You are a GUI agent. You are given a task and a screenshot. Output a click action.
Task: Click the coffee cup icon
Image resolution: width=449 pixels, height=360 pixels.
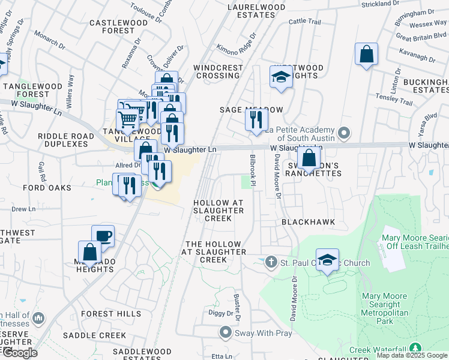(x=103, y=236)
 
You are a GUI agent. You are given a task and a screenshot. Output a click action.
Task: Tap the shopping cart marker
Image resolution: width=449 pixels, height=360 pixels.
(x=128, y=121)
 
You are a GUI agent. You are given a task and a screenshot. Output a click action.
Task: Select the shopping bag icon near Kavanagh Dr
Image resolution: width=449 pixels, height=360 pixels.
(x=366, y=54)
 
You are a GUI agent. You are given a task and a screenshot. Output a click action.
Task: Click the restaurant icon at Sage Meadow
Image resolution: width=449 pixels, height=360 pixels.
(x=256, y=119)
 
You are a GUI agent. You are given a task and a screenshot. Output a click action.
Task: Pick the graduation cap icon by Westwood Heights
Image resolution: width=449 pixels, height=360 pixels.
(x=280, y=77)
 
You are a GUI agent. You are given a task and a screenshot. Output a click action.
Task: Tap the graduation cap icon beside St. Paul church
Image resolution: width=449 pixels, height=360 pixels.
(x=327, y=260)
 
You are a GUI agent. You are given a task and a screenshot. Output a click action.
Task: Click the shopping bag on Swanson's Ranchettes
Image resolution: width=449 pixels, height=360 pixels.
(x=309, y=158)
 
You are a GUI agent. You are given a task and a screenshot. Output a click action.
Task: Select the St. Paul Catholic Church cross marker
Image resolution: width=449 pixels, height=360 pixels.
(x=271, y=262)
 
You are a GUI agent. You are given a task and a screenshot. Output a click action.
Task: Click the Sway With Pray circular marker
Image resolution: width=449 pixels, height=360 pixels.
(x=225, y=331)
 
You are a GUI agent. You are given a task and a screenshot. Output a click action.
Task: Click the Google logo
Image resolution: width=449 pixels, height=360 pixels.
(x=20, y=353)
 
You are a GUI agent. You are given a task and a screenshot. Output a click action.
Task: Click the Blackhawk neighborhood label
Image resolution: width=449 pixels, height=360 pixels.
(x=308, y=222)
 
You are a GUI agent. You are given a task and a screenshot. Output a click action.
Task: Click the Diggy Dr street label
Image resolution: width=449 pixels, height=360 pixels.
(x=220, y=313)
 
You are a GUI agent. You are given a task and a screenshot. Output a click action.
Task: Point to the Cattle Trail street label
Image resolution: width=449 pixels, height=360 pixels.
(x=304, y=22)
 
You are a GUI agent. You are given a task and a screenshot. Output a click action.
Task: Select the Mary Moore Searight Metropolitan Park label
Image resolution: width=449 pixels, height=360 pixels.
(x=384, y=308)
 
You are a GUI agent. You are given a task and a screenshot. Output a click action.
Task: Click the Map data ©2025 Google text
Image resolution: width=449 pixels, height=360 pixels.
(x=412, y=355)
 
